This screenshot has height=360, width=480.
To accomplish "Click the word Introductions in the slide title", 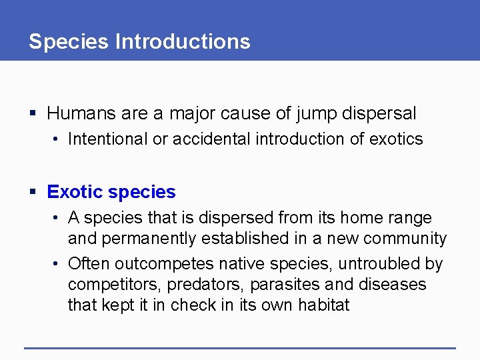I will [x=183, y=42].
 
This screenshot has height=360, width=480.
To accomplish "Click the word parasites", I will [x=285, y=285].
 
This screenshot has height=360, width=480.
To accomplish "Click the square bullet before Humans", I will [x=34, y=114].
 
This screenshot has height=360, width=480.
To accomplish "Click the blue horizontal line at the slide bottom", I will [x=240, y=347].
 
